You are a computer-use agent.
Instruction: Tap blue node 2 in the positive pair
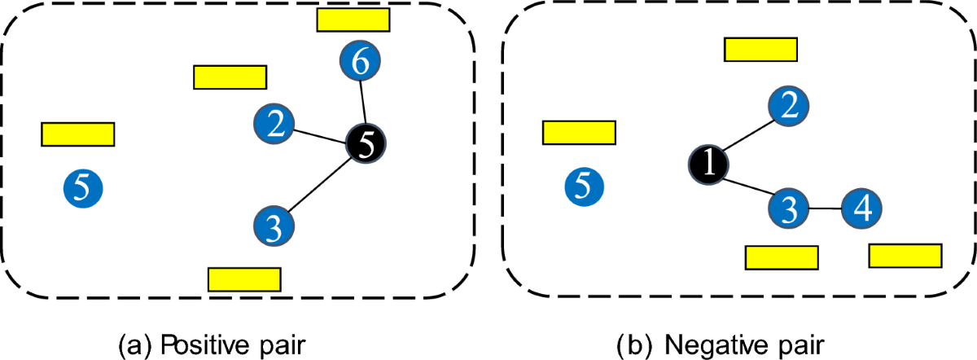[274, 123]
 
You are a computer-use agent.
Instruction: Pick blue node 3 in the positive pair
[274, 226]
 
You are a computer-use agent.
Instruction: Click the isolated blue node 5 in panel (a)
[82, 188]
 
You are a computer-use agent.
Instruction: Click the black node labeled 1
[708, 165]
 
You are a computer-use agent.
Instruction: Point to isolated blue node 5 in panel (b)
[584, 186]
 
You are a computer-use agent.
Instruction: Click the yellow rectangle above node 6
[353, 20]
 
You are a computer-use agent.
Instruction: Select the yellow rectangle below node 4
[905, 256]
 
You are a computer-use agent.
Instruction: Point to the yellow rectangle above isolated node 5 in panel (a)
[77, 134]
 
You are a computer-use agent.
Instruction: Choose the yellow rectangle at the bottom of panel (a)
[244, 279]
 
